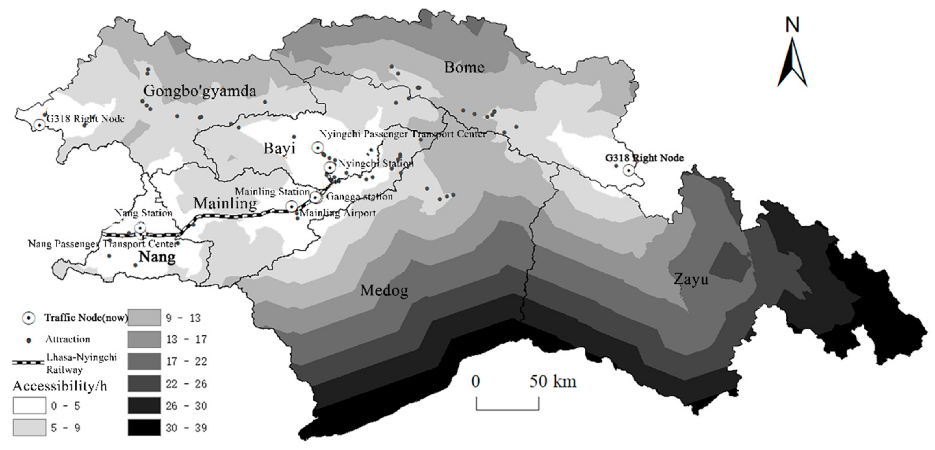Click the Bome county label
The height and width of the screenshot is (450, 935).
(x=464, y=67)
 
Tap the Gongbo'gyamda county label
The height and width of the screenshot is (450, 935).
(x=200, y=91)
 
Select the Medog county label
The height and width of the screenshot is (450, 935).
(x=384, y=291)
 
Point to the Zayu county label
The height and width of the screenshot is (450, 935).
(x=691, y=280)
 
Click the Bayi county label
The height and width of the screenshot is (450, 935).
(x=279, y=148)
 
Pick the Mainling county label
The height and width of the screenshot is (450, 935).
(x=225, y=203)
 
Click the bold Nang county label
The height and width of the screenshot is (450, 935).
(x=157, y=257)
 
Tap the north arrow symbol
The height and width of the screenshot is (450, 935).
(x=792, y=54)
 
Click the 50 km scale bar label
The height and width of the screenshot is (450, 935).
(x=552, y=381)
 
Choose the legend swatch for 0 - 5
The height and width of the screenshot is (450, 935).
(x=29, y=406)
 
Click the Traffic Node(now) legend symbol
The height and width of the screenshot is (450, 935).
(x=29, y=318)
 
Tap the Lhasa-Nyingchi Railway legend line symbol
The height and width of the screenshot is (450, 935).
(x=28, y=362)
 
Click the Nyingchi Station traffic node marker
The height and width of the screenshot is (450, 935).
(x=330, y=168)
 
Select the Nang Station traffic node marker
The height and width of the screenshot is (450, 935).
(x=140, y=228)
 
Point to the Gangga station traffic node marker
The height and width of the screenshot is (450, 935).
(x=316, y=198)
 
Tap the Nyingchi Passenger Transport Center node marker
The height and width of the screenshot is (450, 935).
(x=318, y=147)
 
